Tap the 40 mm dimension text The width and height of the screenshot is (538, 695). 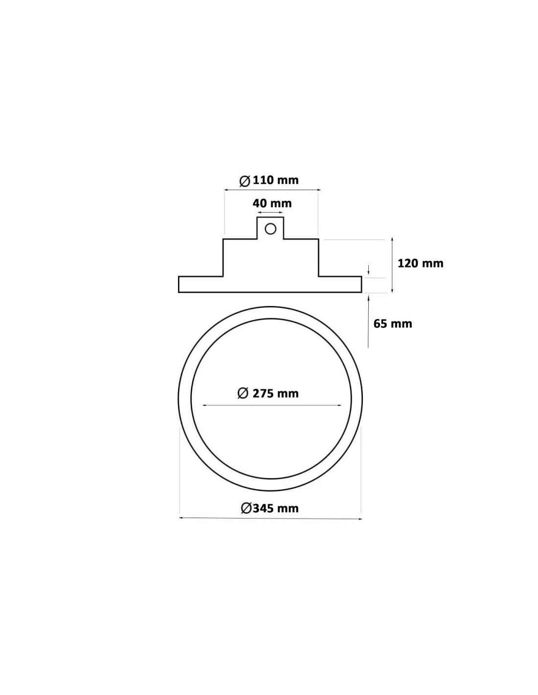click(x=272, y=203)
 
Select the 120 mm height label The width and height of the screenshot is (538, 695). click(x=421, y=263)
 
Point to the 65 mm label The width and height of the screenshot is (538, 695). click(x=393, y=324)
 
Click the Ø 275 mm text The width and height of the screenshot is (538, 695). click(x=268, y=393)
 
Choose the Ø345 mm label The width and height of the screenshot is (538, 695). click(x=270, y=508)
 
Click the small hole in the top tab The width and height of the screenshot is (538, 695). click(x=270, y=229)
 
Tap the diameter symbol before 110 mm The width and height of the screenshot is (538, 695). click(x=245, y=181)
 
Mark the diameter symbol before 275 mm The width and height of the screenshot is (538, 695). click(x=243, y=393)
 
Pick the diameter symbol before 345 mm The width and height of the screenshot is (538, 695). click(x=246, y=508)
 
